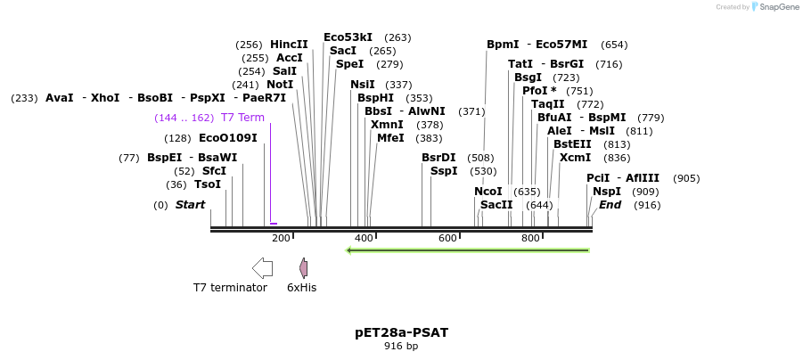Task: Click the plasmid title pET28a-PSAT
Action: [x=401, y=332]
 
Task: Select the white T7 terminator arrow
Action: [x=262, y=267]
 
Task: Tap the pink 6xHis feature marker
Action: [x=303, y=267]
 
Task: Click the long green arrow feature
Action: [x=467, y=250]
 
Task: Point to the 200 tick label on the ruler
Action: [x=281, y=238]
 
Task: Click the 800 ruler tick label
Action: [x=530, y=238]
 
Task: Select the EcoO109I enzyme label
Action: [x=227, y=138]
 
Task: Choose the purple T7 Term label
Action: [x=242, y=118]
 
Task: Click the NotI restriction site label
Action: [x=280, y=85]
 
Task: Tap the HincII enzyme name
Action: [x=289, y=45]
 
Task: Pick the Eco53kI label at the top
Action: [x=348, y=37]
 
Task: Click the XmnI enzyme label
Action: [x=387, y=125]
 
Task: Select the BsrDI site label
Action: [x=438, y=158]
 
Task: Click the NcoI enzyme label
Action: [x=488, y=192]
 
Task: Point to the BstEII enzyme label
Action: [x=572, y=144]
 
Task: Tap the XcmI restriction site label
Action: [x=575, y=158]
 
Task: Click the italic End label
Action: [x=610, y=205]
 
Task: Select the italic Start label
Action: [x=190, y=205]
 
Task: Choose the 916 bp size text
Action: [x=401, y=347]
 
